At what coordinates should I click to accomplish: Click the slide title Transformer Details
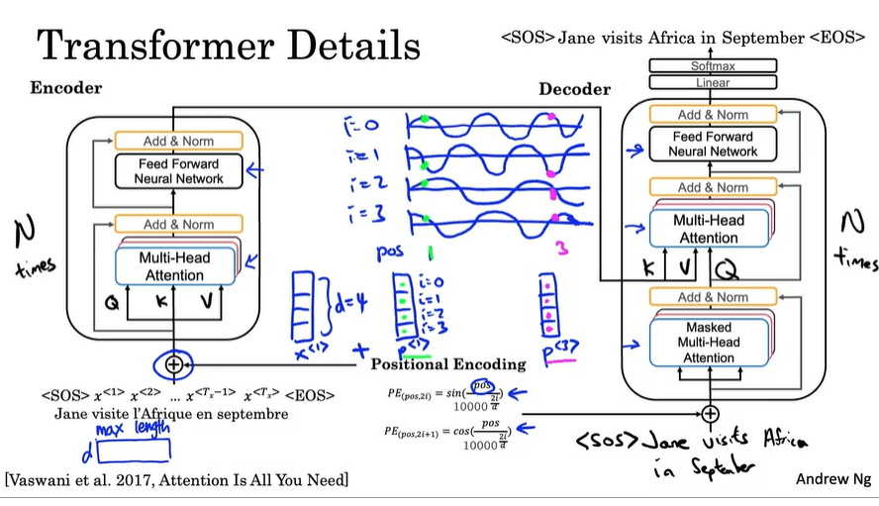pos(229,45)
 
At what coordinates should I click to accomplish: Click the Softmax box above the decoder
pos(713,66)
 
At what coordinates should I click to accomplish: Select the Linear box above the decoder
pos(713,83)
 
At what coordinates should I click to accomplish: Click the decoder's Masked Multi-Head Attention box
pos(710,342)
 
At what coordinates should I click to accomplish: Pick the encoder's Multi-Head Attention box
pos(175,262)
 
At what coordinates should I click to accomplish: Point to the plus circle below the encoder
pos(174,363)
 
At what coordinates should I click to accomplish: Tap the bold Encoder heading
pos(66,87)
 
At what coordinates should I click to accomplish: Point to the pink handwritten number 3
pos(561,253)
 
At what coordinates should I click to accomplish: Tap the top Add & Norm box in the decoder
pos(713,115)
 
